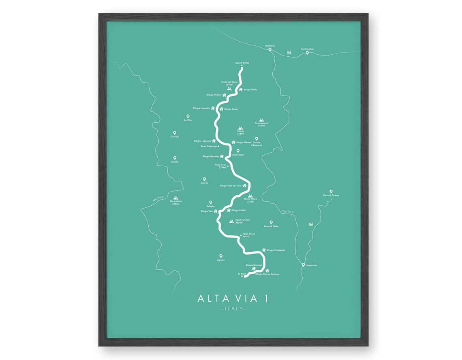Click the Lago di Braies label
point(242,63)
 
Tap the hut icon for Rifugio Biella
point(241,89)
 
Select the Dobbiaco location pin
point(270,49)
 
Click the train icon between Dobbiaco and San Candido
point(289,52)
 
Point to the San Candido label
point(307,49)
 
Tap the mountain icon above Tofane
point(241,127)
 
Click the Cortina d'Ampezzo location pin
point(257,139)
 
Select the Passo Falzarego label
point(209,146)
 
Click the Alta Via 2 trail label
point(158,199)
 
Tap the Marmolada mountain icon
point(175,198)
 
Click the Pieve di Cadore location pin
point(331,191)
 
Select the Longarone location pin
point(303,265)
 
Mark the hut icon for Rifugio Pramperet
point(264,250)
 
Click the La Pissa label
point(242,274)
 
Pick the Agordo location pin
point(221,256)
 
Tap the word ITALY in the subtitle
point(234,309)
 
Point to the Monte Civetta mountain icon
point(231,221)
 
